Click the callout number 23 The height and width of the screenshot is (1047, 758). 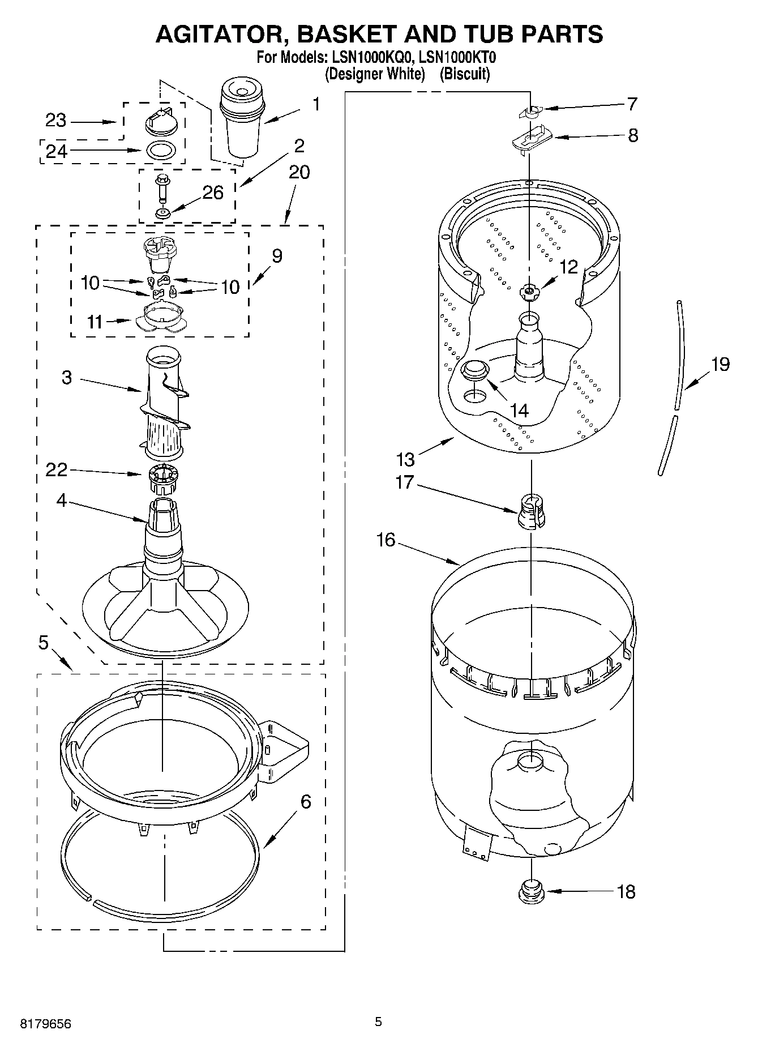pyautogui.click(x=55, y=121)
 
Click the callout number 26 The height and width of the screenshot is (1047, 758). pyautogui.click(x=213, y=193)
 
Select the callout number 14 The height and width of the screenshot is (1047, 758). pyautogui.click(x=519, y=411)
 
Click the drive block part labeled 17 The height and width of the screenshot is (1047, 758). pyautogui.click(x=531, y=510)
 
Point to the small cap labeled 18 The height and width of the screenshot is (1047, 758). pyautogui.click(x=531, y=891)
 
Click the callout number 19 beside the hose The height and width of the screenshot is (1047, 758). pyautogui.click(x=720, y=364)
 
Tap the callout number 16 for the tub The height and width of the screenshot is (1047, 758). pyautogui.click(x=386, y=540)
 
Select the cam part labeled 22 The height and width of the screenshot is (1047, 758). pyautogui.click(x=162, y=478)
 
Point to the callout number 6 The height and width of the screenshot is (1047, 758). pyautogui.click(x=305, y=801)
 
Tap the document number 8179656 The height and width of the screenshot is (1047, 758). pyautogui.click(x=46, y=1024)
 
